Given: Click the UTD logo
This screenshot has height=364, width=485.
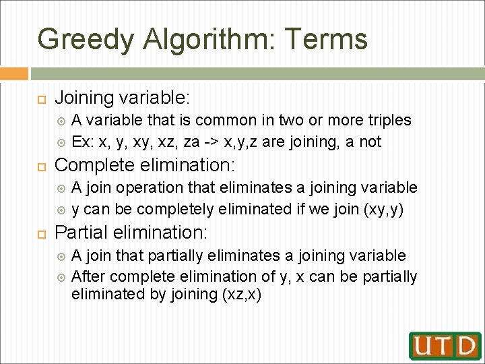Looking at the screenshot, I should click(x=445, y=345).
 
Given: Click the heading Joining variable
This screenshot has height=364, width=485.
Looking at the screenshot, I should click(x=121, y=98).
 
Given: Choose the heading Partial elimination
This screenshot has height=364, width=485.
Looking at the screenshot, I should click(x=131, y=233).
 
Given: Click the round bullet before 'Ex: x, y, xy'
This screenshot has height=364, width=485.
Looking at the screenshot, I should click(x=61, y=142).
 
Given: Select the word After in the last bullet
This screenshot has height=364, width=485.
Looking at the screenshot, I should click(x=87, y=277).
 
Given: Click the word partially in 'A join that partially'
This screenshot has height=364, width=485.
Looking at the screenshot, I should click(x=174, y=255).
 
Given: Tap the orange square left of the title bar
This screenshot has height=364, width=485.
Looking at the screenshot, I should click(x=13, y=73).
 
